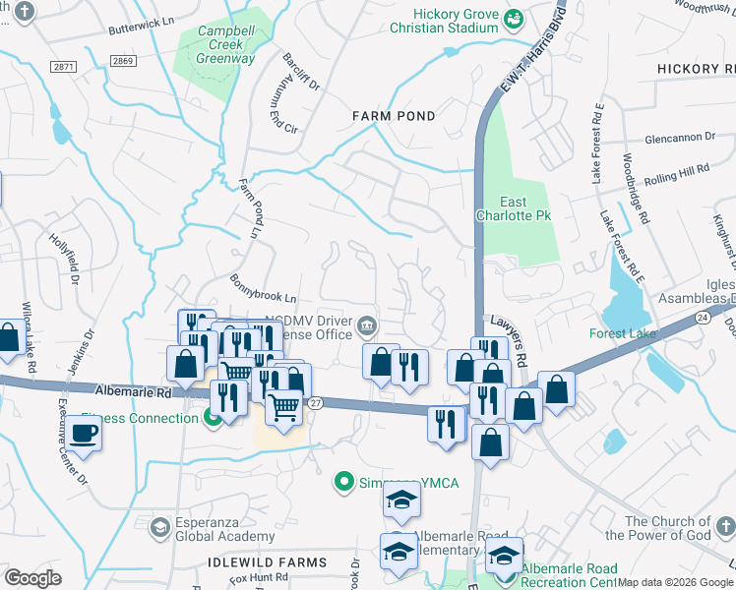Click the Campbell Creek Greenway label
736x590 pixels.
(x=226, y=44)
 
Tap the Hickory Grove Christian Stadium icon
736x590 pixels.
(x=514, y=18)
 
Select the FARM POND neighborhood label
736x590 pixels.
(x=394, y=116)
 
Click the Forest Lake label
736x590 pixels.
(x=623, y=333)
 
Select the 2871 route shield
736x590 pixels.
(x=64, y=67)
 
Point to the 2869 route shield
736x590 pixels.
(x=124, y=61)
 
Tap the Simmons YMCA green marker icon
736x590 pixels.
(x=342, y=481)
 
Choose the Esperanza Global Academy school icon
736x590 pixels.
(x=158, y=529)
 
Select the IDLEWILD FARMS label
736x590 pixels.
(x=267, y=562)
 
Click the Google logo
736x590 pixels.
(x=33, y=577)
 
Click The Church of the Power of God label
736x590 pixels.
(x=657, y=528)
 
